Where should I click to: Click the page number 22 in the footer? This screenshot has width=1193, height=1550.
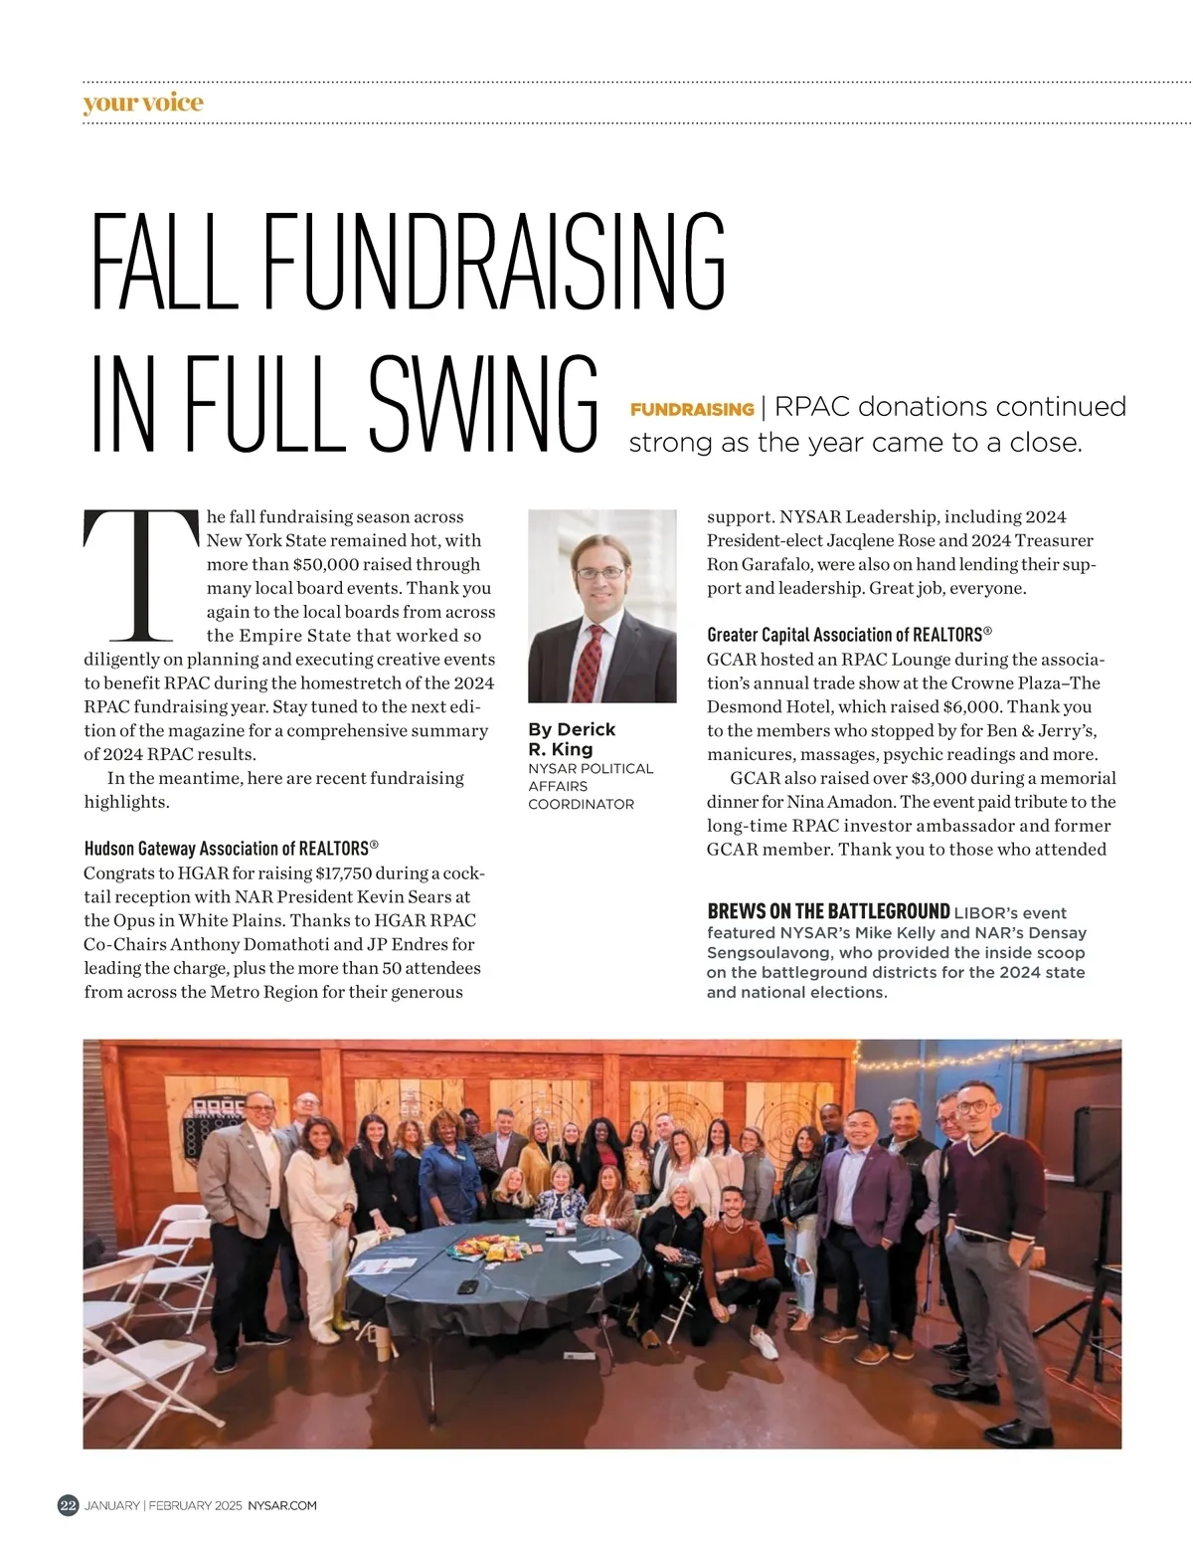click(68, 1505)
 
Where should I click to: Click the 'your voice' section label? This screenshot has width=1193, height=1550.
click(143, 102)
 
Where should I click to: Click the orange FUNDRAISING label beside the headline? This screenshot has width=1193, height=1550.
click(692, 409)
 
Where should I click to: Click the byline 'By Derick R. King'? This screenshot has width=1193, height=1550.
click(572, 739)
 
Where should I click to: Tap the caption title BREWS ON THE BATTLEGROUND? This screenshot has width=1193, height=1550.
click(828, 911)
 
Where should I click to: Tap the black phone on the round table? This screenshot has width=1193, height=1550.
click(467, 1286)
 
